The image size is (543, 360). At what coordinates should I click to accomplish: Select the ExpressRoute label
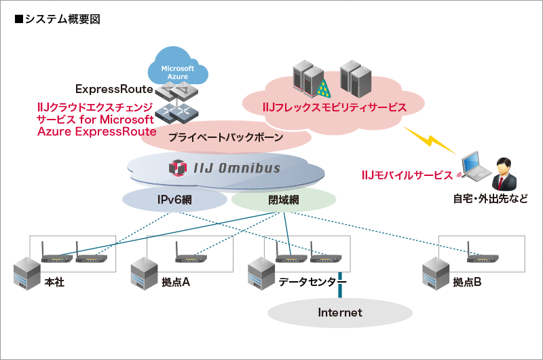(x=113, y=89)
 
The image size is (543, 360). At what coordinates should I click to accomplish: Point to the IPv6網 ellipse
(x=174, y=200)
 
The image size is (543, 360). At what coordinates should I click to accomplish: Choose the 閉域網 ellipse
(x=284, y=200)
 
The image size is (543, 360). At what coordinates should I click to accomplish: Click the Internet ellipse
(x=340, y=312)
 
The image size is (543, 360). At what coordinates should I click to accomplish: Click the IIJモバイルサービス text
(x=407, y=175)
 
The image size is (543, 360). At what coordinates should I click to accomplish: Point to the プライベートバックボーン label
(x=225, y=137)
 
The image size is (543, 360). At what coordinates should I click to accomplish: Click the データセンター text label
(x=312, y=282)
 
